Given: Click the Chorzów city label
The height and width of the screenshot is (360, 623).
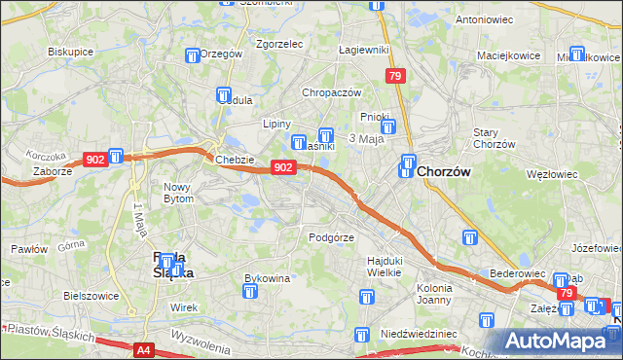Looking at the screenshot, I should click(444, 171).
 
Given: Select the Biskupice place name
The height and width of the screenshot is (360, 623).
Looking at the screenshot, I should click(70, 52).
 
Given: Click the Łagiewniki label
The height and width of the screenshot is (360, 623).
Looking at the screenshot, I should click(362, 51).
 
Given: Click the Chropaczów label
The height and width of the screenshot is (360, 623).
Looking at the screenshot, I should click(332, 92).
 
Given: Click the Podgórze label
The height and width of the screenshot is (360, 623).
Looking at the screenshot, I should click(330, 237).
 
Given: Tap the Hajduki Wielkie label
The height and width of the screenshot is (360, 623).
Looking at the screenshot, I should click(385, 266).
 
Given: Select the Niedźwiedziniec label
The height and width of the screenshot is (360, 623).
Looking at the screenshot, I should click(419, 334).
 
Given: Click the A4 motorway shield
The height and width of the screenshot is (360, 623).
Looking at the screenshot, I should click(144, 348).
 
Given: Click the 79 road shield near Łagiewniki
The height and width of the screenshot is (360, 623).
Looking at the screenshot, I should click(394, 76).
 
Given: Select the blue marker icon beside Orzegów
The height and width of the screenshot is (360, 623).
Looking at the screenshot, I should click(192, 55).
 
